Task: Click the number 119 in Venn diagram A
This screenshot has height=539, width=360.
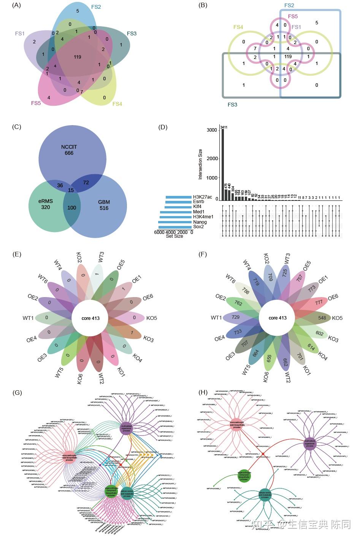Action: pyautogui.click(x=78, y=57)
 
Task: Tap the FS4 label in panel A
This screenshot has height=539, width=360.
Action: pyautogui.click(x=117, y=104)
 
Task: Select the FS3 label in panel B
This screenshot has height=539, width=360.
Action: pyautogui.click(x=232, y=104)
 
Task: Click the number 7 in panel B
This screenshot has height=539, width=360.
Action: pyautogui.click(x=255, y=49)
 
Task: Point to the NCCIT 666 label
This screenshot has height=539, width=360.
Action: pyautogui.click(x=69, y=150)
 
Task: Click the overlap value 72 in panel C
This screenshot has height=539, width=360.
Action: pyautogui.click(x=86, y=183)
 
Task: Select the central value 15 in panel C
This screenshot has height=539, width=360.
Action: pyautogui.click(x=71, y=190)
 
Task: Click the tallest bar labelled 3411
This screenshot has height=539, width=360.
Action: pyautogui.click(x=223, y=164)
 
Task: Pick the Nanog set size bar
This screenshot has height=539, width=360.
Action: pyautogui.click(x=175, y=222)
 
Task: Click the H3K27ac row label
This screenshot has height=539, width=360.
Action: pyautogui.click(x=202, y=197)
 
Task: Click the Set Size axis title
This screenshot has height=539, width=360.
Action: pyautogui.click(x=174, y=236)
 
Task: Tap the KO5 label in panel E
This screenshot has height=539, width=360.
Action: pyautogui.click(x=151, y=318)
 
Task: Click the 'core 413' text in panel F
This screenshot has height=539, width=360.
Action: pyautogui.click(x=278, y=318)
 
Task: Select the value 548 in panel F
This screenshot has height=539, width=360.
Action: pyautogui.click(x=322, y=318)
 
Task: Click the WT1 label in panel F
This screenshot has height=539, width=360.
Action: pyautogui.click(x=216, y=318)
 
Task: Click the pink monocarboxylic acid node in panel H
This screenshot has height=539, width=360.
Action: pyautogui.click(x=236, y=425)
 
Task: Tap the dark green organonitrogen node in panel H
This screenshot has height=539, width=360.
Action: pyautogui.click(x=244, y=476)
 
